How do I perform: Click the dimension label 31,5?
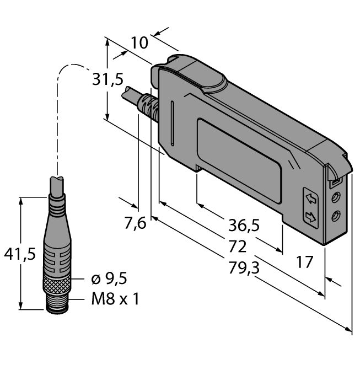point(108,81)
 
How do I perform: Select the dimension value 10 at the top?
point(139,42)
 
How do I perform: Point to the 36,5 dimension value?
point(243,225)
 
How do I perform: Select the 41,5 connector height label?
point(19,254)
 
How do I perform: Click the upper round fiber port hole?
point(335,197)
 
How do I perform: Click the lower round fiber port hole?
point(335,217)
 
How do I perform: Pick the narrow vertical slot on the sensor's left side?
point(173,121)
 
